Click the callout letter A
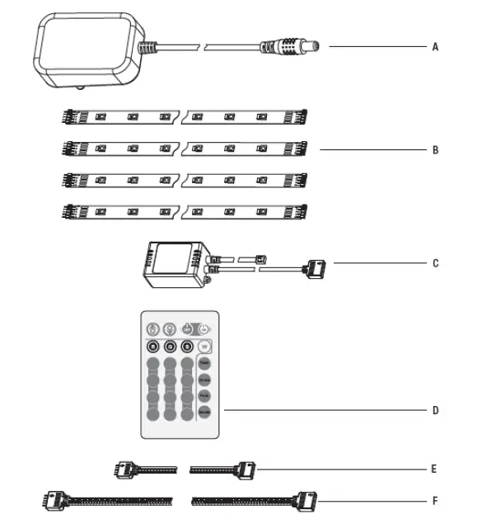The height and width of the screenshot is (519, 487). click(x=434, y=47)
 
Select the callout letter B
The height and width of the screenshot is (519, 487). click(x=434, y=151)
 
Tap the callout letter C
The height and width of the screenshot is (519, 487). click(x=434, y=264)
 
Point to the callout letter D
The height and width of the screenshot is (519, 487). click(x=434, y=410)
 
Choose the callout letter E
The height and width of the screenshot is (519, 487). click(x=433, y=469)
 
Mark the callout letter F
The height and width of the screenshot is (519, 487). click(x=433, y=501)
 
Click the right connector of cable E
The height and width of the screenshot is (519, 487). click(x=246, y=469)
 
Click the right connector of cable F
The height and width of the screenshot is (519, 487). click(x=303, y=500)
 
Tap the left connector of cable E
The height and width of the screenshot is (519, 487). click(x=124, y=469)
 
